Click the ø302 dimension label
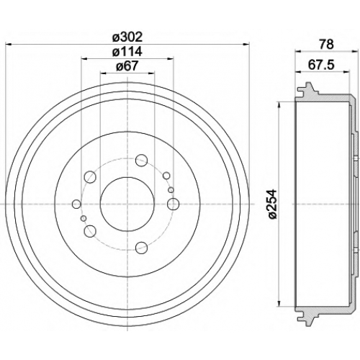click(127, 37)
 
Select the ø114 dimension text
click(127, 52)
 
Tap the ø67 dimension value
click(127, 66)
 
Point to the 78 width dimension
click(327, 45)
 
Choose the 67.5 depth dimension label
click(321, 65)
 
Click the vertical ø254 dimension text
click(272, 204)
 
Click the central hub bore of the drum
click(127, 204)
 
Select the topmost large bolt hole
click(141, 161)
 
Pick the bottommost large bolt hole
click(141, 248)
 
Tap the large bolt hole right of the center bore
click(173, 204)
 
